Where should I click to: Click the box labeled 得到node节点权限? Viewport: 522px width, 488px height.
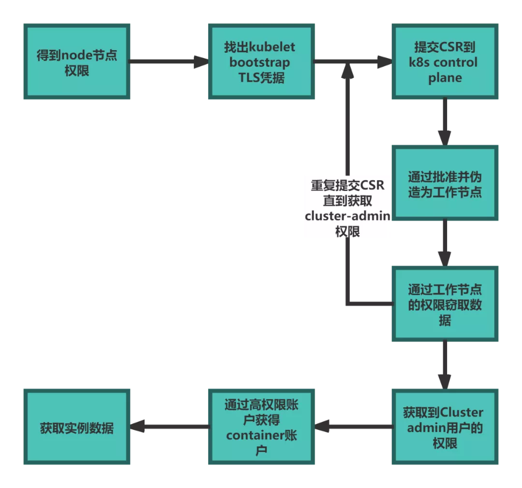(76, 62)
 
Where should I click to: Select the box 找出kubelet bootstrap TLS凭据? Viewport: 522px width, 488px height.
(261, 62)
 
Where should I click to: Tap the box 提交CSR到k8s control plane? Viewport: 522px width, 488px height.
(445, 62)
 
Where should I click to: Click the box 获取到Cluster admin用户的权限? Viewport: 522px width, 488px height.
(445, 427)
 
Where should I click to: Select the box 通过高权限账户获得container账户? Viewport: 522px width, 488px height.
(261, 427)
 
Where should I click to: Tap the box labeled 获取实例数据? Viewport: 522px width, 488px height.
(76, 427)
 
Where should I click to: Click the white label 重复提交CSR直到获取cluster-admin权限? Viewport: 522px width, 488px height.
(347, 206)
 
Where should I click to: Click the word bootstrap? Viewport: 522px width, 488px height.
(260, 62)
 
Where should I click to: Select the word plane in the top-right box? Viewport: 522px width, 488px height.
(445, 78)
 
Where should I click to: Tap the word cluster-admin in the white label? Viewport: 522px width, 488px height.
(347, 216)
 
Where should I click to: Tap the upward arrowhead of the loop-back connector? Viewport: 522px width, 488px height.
(347, 70)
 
